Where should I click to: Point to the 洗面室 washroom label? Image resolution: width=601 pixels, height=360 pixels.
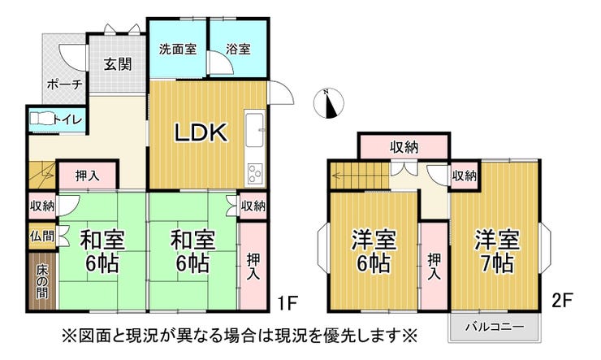(x=177, y=49)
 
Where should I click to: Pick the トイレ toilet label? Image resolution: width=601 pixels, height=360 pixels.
(x=67, y=120)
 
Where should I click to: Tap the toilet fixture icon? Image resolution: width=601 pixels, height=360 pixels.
(x=41, y=120)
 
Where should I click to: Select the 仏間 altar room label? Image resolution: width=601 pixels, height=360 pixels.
(x=42, y=237)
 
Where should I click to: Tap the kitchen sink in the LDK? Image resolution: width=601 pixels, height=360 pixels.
(x=255, y=130)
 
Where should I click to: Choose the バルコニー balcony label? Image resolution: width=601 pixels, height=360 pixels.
(x=495, y=327)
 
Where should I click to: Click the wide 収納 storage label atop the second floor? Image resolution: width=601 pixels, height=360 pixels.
(x=404, y=147)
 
